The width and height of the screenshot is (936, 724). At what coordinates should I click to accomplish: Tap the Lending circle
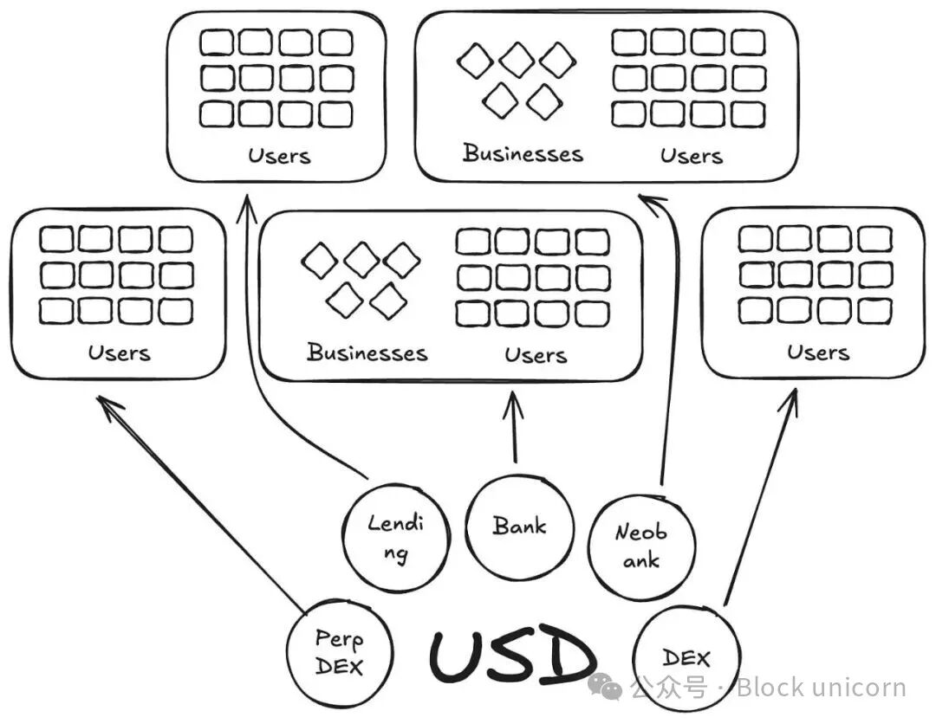pos(397,537)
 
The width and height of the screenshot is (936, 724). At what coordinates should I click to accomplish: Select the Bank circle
pos(519,526)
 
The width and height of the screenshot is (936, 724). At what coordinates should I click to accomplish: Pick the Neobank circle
pos(641,546)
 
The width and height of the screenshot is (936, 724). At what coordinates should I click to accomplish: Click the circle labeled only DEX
pos(686,658)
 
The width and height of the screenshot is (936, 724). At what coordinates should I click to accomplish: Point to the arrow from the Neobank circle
pos(668,346)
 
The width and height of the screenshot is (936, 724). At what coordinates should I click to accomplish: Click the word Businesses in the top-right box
pos(523,154)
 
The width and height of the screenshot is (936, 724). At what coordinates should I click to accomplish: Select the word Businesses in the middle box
pos(367,353)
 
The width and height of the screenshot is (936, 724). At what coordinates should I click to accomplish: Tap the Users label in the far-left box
pos(119,353)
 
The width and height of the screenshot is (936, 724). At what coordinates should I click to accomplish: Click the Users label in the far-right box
pos(818,352)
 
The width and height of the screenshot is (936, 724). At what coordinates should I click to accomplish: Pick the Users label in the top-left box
pos(278,156)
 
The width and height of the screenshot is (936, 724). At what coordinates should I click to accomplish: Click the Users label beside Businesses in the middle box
pos(536,355)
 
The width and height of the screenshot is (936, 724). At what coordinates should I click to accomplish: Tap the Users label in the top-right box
pos(691,156)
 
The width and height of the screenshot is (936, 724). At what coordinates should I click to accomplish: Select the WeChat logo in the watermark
pos(605,688)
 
